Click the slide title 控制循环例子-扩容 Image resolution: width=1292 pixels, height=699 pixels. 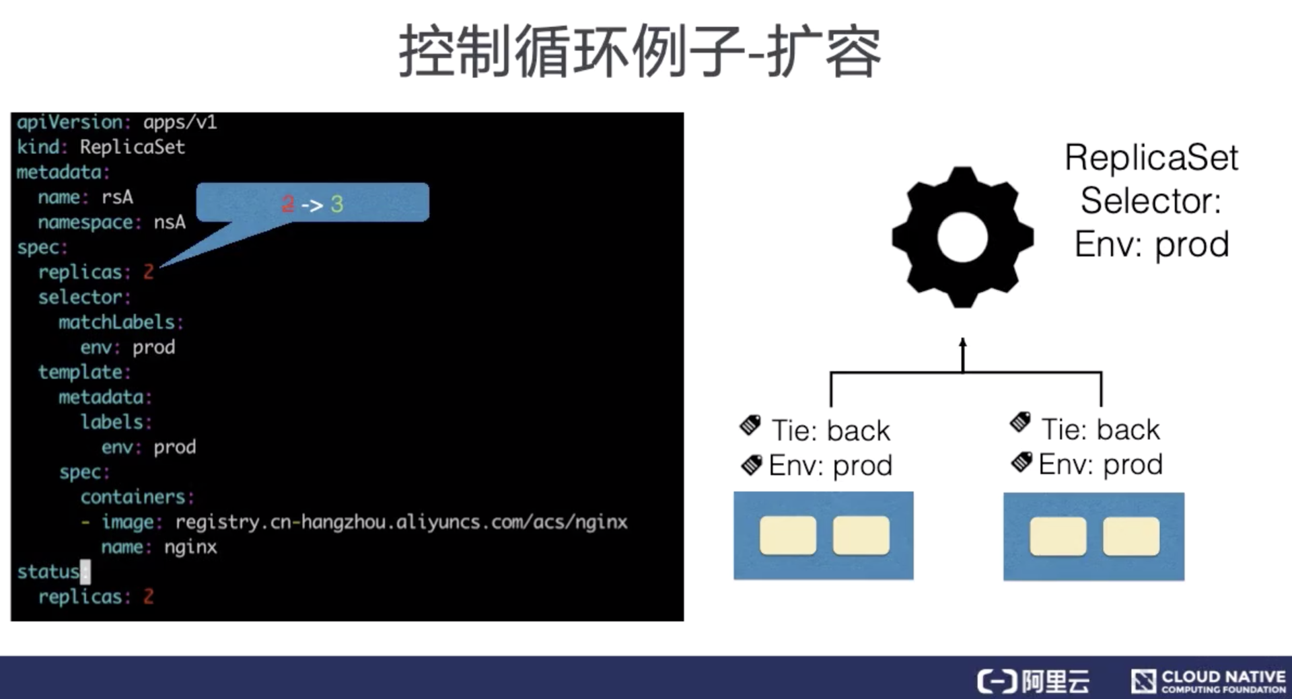640,51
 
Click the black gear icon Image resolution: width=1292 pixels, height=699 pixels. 962,237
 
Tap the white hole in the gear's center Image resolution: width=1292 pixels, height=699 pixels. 962,237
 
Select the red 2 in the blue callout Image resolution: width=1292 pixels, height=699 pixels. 288,203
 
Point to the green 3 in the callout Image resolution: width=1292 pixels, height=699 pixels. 337,203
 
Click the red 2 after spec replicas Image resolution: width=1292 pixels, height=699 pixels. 149,272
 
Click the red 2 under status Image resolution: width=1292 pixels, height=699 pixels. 149,596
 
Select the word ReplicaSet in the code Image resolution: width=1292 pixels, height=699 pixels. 132,147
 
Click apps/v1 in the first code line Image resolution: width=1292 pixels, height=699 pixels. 180,122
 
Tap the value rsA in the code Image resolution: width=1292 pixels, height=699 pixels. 117,197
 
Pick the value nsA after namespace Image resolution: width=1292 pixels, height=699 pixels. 170,222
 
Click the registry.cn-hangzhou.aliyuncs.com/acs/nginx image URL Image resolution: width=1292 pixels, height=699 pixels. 401,522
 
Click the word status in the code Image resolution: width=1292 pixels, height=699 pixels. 48,572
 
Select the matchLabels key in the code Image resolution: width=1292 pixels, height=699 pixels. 116,322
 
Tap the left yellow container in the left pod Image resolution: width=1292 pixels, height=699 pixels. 787,536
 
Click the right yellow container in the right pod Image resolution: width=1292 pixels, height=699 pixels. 1130,536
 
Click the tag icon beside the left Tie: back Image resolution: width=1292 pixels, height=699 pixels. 750,425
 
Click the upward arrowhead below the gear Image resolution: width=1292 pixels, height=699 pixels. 963,342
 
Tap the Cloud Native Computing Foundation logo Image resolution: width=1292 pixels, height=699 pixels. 1209,681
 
